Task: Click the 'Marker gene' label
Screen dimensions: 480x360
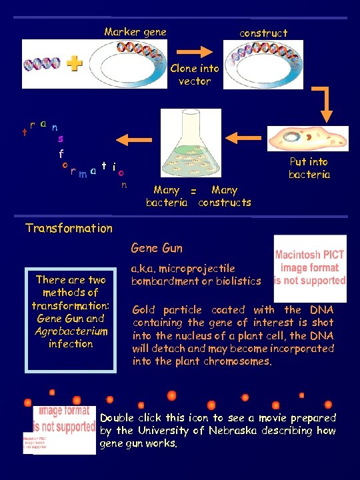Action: coord(135,32)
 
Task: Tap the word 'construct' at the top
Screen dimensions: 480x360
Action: coord(263,33)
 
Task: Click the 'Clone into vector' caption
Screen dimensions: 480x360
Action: coord(195,75)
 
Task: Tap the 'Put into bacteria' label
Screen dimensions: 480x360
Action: coord(309,168)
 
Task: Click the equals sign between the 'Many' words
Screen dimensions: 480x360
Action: coord(193,191)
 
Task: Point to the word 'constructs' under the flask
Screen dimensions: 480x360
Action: coord(225,202)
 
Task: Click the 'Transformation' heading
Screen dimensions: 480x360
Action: coord(69,228)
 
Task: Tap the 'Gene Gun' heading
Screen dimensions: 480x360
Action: coord(157,249)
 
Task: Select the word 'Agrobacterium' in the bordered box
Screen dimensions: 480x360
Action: coord(70,331)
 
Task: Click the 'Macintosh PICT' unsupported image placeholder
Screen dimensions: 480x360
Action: coord(310,269)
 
